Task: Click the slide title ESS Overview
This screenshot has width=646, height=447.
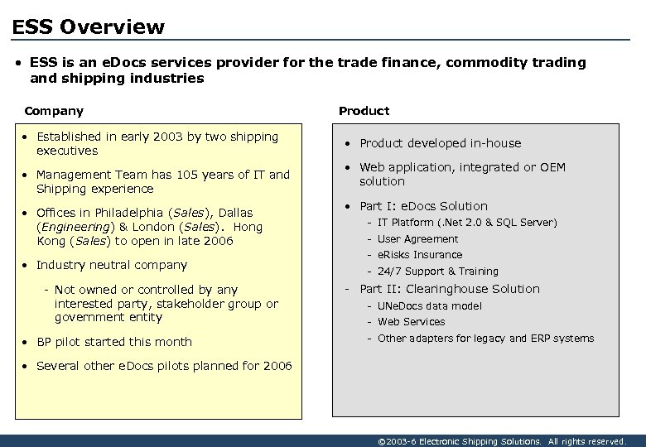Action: (89, 26)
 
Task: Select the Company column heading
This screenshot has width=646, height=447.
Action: (54, 111)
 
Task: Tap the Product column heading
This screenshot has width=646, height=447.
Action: (364, 111)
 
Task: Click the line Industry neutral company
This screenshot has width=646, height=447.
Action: (112, 265)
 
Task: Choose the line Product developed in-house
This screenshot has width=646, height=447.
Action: (440, 143)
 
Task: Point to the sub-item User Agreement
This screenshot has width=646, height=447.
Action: (417, 238)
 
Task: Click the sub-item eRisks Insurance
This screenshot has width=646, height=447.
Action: (420, 255)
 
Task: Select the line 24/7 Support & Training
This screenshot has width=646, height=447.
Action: (438, 272)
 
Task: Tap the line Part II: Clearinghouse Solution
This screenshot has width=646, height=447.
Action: (449, 289)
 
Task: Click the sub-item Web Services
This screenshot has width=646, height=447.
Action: (411, 322)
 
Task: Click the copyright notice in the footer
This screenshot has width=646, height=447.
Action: (501, 441)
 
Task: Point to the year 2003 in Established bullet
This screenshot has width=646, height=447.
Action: (168, 137)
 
